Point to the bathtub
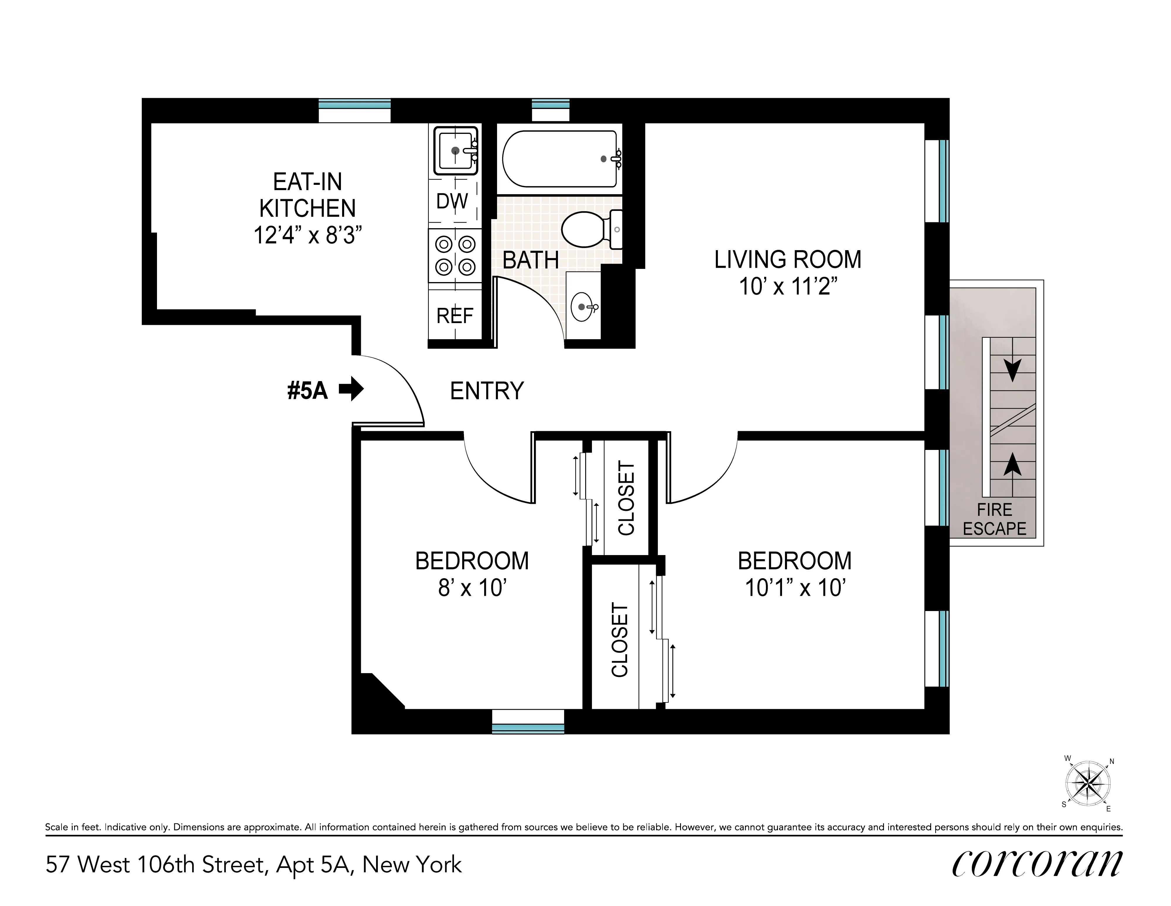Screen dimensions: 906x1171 pyautogui.click(x=559, y=159)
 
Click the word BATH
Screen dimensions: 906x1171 pyautogui.click(x=530, y=260)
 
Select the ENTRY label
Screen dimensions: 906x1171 pyautogui.click(x=486, y=391)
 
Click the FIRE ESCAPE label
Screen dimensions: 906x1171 pyautogui.click(x=994, y=519)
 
